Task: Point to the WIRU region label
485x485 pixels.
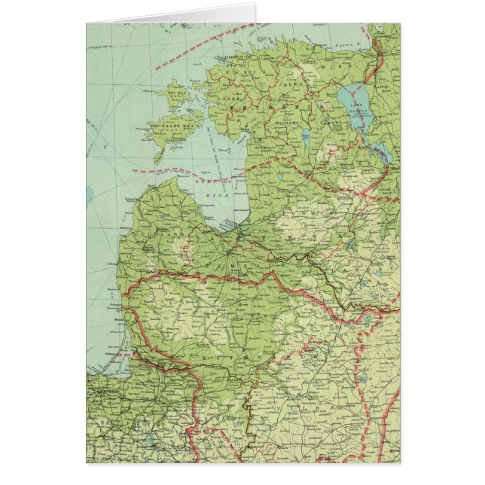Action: tap(331, 67)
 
